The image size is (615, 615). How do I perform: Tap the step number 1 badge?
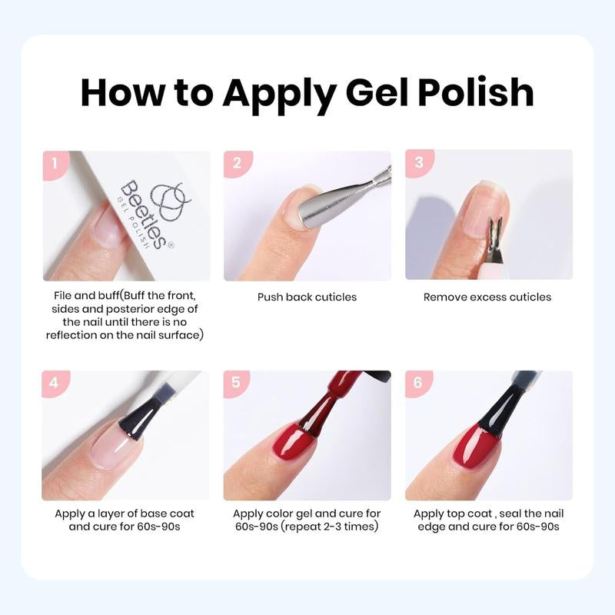click(55, 163)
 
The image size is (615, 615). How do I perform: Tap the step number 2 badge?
click(237, 163)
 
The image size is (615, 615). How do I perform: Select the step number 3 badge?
click(419, 163)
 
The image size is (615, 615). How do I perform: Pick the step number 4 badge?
click(55, 383)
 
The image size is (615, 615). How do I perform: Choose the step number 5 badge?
click(237, 383)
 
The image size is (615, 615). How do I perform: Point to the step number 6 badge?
click(419, 383)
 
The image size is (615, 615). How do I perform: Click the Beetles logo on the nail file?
click(165, 198)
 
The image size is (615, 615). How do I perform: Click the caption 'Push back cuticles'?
click(307, 297)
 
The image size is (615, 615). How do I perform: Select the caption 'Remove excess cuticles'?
click(487, 297)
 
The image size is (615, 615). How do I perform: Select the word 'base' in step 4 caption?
click(153, 514)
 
